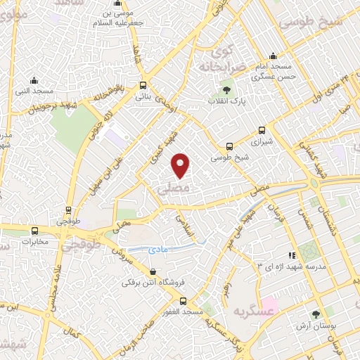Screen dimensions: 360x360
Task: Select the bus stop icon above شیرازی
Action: pos(262,130)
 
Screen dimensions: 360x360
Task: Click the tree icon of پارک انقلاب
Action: pos(226,90)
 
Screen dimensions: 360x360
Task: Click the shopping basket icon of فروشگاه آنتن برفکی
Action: pos(153,271)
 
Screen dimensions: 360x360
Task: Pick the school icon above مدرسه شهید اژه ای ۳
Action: pos(292,255)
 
